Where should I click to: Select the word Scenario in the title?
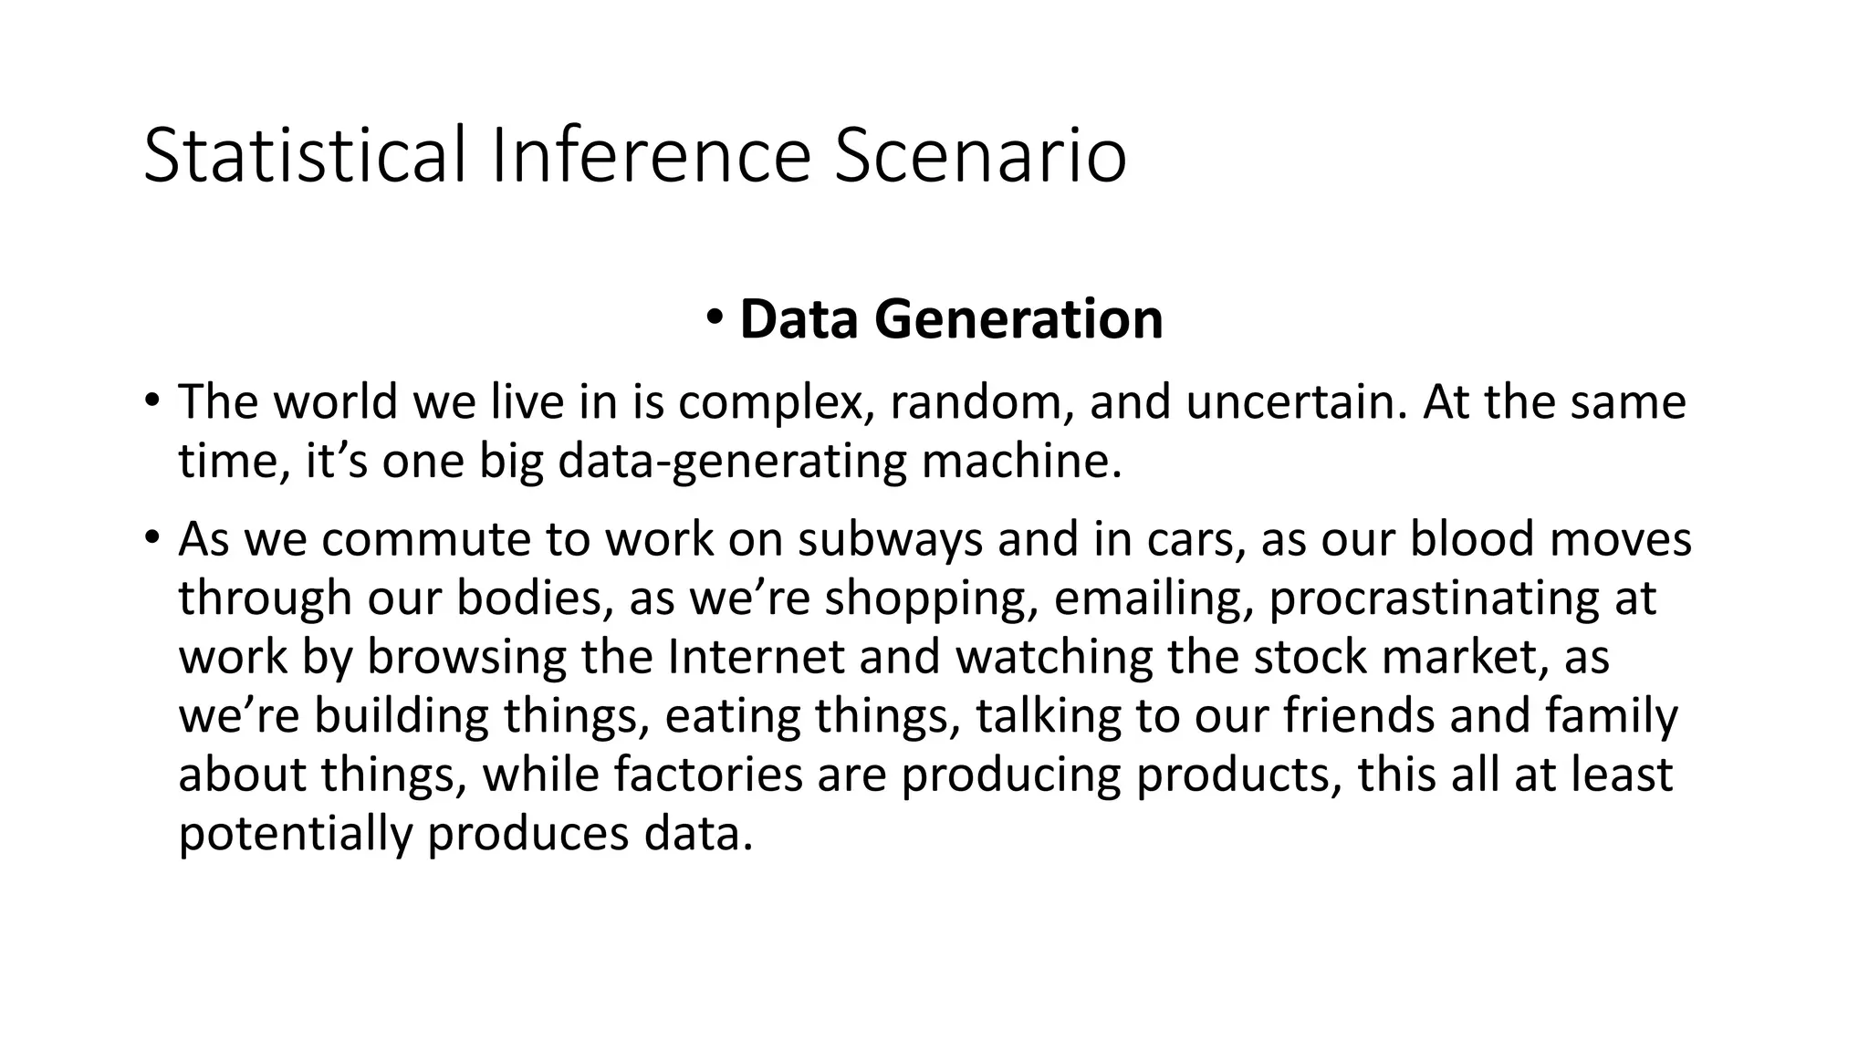[981, 156]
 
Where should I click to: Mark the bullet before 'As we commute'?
[152, 537]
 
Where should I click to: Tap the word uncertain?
[1290, 402]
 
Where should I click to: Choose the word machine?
[1020, 461]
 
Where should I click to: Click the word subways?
[890, 539]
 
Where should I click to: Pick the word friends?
[1359, 715]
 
